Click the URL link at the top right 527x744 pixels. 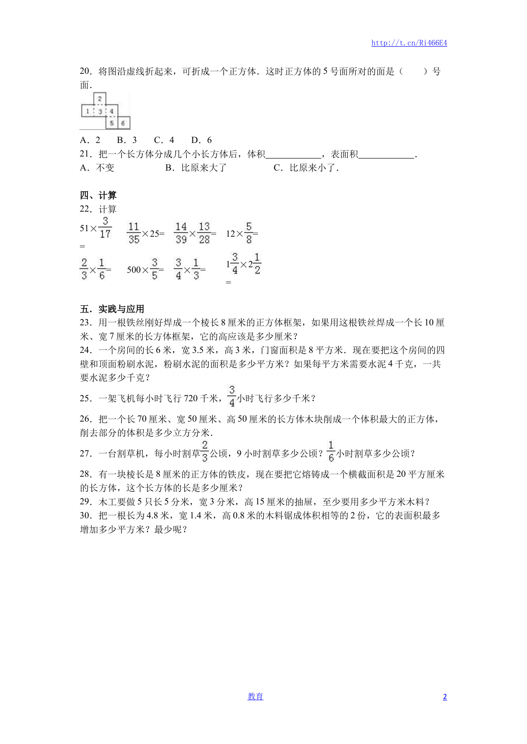coord(409,43)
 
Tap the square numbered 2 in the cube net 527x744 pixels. coord(99,99)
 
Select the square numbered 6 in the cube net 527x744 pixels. coord(123,123)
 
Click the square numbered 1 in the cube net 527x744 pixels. coord(87,111)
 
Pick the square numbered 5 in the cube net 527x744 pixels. coord(111,123)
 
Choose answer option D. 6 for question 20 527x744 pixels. coord(201,140)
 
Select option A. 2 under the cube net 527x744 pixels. coord(90,140)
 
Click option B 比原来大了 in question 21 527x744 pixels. coord(196,168)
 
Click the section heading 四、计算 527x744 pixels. coord(98,195)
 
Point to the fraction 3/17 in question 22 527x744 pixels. coord(105,228)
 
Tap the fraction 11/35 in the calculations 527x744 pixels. coord(134,233)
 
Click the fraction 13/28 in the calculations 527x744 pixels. coord(204,233)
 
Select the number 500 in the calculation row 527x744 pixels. coord(134,270)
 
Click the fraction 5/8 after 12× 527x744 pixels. coord(249,233)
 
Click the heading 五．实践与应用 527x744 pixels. coord(112,309)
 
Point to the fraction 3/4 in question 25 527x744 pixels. coord(232,396)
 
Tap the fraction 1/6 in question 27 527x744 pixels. coord(331,451)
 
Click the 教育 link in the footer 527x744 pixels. coord(255,696)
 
